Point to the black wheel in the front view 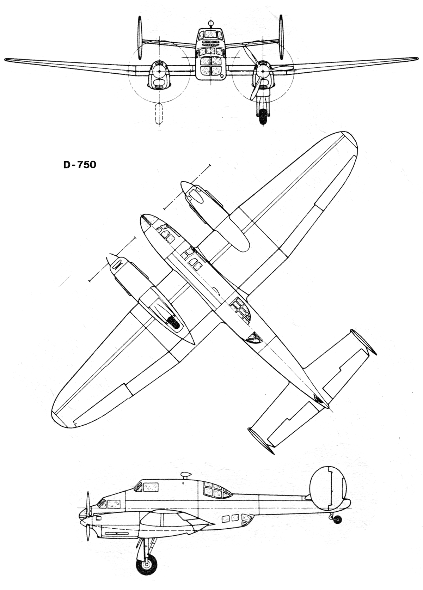pyautogui.click(x=262, y=116)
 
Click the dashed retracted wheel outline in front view pyautogui.click(x=159, y=113)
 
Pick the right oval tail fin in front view pyautogui.click(x=281, y=37)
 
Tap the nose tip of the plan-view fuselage pyautogui.click(x=142, y=217)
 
